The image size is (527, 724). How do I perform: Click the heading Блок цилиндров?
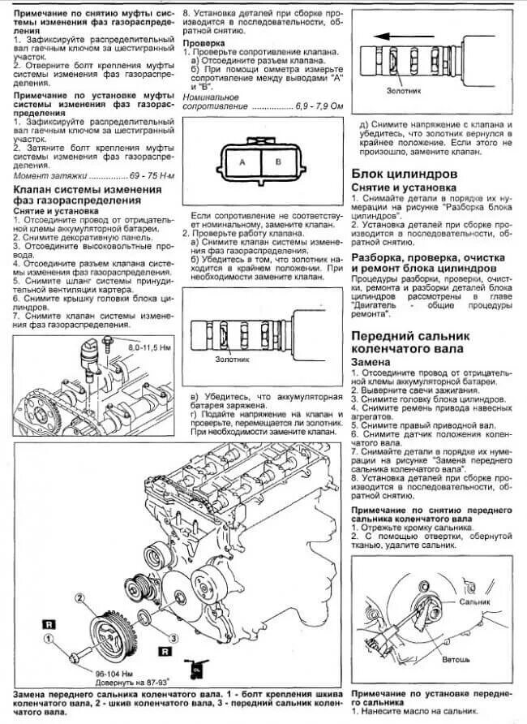(x=404, y=175)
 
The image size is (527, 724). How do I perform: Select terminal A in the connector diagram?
(x=242, y=162)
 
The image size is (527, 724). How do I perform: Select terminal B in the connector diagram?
(x=277, y=162)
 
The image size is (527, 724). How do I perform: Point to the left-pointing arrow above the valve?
(x=405, y=37)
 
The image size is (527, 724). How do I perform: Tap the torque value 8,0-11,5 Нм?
(x=147, y=347)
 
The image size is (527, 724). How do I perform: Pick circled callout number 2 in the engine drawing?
(x=80, y=598)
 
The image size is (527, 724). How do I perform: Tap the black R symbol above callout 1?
(x=49, y=623)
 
